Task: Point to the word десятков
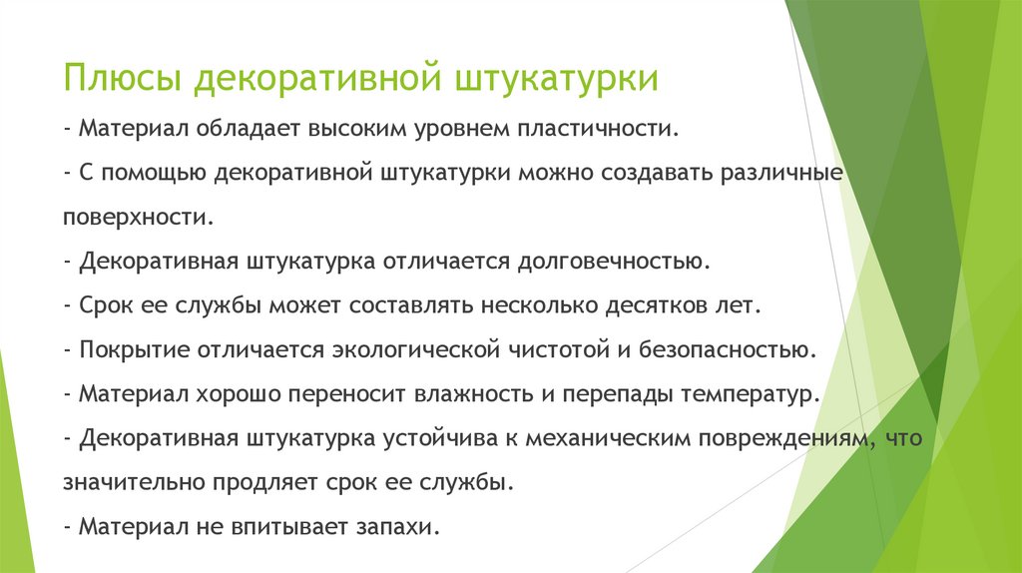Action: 651,305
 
